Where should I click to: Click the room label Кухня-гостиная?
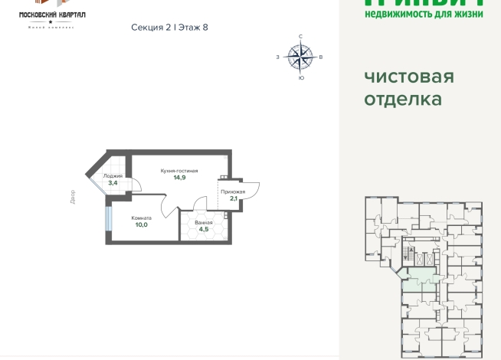[x=179, y=170]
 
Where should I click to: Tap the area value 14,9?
[x=179, y=178]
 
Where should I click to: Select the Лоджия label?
[x=113, y=176]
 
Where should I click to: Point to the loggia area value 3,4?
[x=113, y=183]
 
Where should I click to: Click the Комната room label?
[x=141, y=218]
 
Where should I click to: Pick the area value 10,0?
[x=141, y=225]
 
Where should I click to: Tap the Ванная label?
[x=204, y=221]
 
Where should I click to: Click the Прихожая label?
[x=233, y=191]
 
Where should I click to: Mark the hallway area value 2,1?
[x=233, y=199]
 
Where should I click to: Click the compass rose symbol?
[x=300, y=56]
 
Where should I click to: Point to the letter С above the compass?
[x=300, y=37]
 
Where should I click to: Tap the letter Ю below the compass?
[x=300, y=78]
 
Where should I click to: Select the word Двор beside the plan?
[x=72, y=197]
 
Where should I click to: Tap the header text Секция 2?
[x=151, y=28]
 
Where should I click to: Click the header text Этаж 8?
[x=192, y=28]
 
